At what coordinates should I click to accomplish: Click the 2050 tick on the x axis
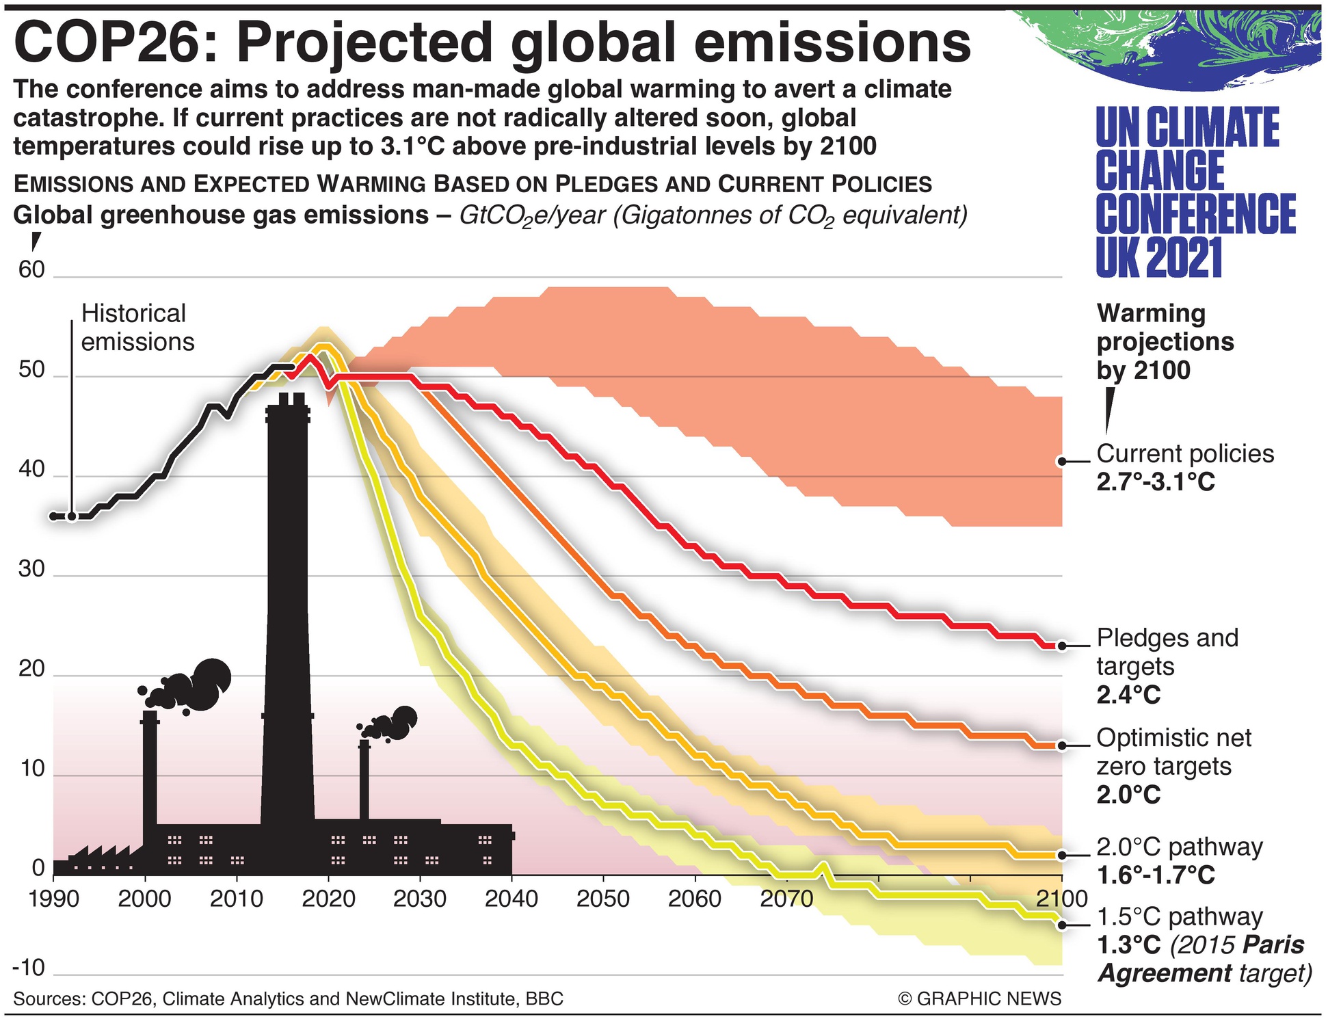[602, 898]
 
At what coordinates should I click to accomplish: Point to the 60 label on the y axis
[31, 270]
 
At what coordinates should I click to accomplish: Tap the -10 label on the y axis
[29, 968]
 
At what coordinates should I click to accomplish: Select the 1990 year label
[53, 898]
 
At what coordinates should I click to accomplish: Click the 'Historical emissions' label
[137, 328]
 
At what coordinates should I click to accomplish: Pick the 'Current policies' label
[1185, 454]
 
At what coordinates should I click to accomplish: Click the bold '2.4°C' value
[1128, 696]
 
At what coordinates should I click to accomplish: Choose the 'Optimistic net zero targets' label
[1173, 752]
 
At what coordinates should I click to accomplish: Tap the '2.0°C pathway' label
[1180, 847]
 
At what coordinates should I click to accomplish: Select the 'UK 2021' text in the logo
[1158, 258]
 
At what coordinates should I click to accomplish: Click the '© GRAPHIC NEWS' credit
[979, 999]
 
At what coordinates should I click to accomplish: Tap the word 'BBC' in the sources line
[544, 999]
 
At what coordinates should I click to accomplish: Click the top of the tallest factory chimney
[287, 398]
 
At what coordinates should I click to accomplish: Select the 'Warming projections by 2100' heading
[1165, 342]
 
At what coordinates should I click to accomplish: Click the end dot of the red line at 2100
[1061, 646]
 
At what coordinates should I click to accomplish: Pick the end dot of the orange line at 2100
[1061, 745]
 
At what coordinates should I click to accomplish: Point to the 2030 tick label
[419, 898]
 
